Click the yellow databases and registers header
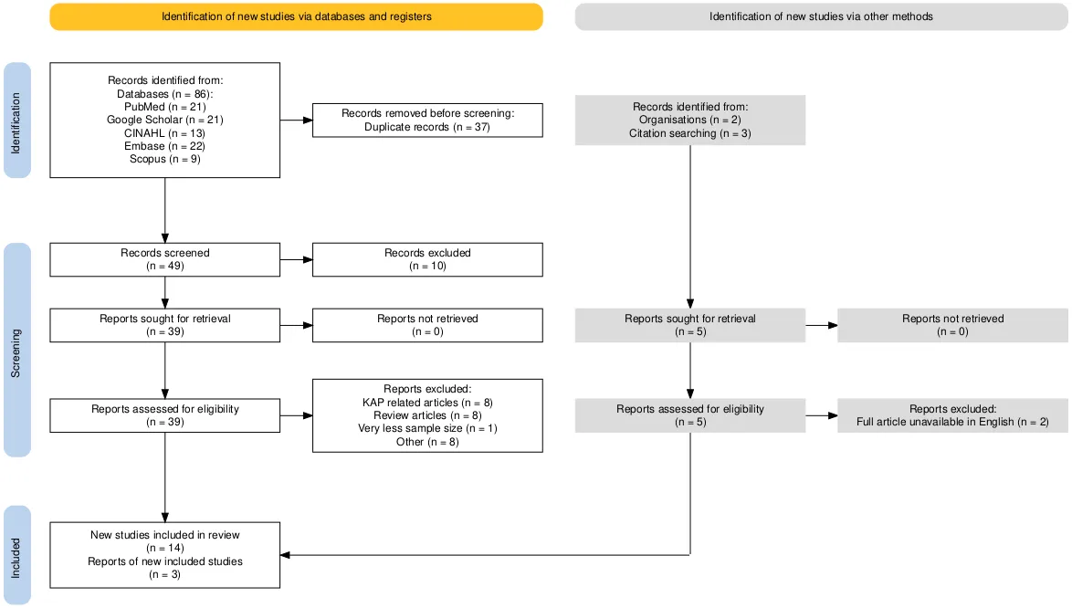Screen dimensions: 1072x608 pyautogui.click(x=296, y=16)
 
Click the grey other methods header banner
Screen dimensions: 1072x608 pyautogui.click(x=821, y=16)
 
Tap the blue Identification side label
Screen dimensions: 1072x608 pyautogui.click(x=17, y=121)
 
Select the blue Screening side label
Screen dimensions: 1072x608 pyautogui.click(x=17, y=350)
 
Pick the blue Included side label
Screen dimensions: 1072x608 pyautogui.click(x=17, y=555)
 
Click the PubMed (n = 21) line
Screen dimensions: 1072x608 pyautogui.click(x=164, y=107)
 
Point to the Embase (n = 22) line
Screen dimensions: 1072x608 pyautogui.click(x=164, y=146)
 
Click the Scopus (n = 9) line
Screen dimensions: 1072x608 pyautogui.click(x=164, y=159)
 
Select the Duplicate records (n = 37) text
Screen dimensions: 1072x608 pyautogui.click(x=427, y=127)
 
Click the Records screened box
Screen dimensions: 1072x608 pyautogui.click(x=164, y=259)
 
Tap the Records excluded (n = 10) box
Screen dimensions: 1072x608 pyautogui.click(x=427, y=259)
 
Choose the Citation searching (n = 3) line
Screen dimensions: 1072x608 pyautogui.click(x=689, y=133)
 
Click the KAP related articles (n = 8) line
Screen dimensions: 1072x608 pyautogui.click(x=427, y=403)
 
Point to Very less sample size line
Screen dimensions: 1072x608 pyautogui.click(x=427, y=428)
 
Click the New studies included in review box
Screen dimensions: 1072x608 pyautogui.click(x=164, y=555)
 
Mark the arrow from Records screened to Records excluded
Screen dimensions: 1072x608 pyautogui.click(x=296, y=259)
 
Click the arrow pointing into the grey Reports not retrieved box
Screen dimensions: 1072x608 pyautogui.click(x=821, y=325)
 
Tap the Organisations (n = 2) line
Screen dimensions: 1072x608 pyautogui.click(x=689, y=120)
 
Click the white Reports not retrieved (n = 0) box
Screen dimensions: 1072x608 pyautogui.click(x=427, y=325)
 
